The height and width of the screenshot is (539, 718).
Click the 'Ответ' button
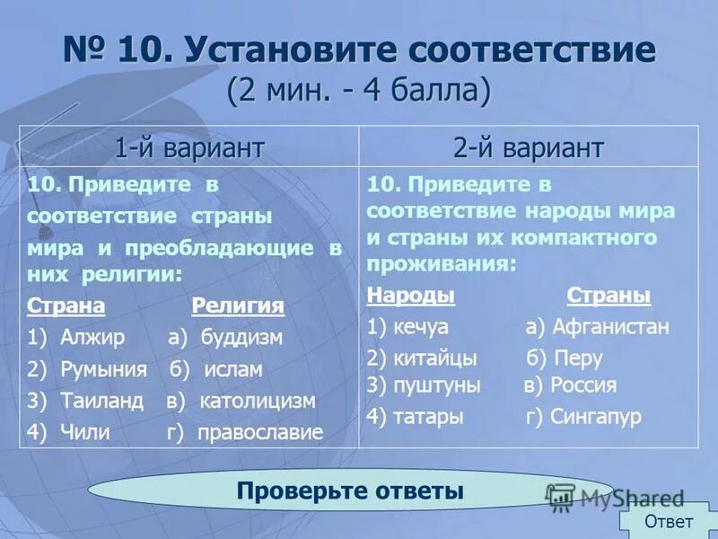point(669,521)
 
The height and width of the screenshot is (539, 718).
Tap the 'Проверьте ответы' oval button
point(350,490)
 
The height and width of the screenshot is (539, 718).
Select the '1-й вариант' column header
point(188,146)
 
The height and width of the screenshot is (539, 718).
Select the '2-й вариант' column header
point(529,146)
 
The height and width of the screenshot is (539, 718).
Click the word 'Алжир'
point(94,338)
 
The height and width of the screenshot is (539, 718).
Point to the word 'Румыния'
point(103,369)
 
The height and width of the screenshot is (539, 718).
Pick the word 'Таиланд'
point(101,401)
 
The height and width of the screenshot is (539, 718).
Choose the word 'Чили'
point(85,432)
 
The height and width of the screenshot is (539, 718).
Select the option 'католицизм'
point(258,401)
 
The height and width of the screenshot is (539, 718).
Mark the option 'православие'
point(261,432)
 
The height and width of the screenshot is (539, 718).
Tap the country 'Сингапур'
point(596,417)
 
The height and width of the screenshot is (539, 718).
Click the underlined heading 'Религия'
point(238,306)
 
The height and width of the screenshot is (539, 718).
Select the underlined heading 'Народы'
point(411,296)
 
